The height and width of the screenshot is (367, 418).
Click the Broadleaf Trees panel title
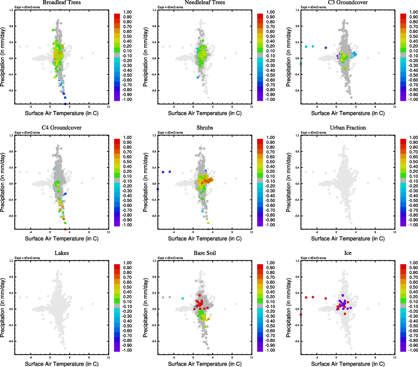tap(62, 3)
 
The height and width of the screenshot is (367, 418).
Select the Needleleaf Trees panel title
tap(205, 3)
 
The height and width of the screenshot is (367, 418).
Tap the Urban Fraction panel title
tap(348, 128)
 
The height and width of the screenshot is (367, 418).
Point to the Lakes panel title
tap(62, 253)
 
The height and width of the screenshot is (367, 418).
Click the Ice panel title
tap(348, 253)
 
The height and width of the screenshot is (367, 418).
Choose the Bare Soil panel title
tap(205, 253)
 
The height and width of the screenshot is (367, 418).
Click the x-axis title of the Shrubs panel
tap(205, 239)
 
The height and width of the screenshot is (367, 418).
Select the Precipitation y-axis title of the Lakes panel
tap(3, 308)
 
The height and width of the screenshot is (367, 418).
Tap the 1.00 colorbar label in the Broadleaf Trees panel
tap(127, 12)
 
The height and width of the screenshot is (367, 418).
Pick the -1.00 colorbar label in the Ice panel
tap(413, 350)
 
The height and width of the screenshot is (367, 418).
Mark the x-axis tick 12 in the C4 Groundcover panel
tap(108, 232)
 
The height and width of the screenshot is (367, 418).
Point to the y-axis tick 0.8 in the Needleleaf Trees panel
tap(154, 26)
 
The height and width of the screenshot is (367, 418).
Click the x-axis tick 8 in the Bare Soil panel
tap(232, 358)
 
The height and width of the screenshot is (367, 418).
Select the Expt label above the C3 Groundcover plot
tap(313, 7)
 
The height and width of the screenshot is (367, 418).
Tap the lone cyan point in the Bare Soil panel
tap(183, 298)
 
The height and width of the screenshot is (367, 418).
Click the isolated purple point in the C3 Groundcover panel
tap(326, 48)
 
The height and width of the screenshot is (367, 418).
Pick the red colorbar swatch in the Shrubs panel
tap(260, 141)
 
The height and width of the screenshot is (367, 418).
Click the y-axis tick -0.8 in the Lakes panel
tap(11, 341)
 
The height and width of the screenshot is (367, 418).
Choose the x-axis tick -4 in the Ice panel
tap(317, 358)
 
